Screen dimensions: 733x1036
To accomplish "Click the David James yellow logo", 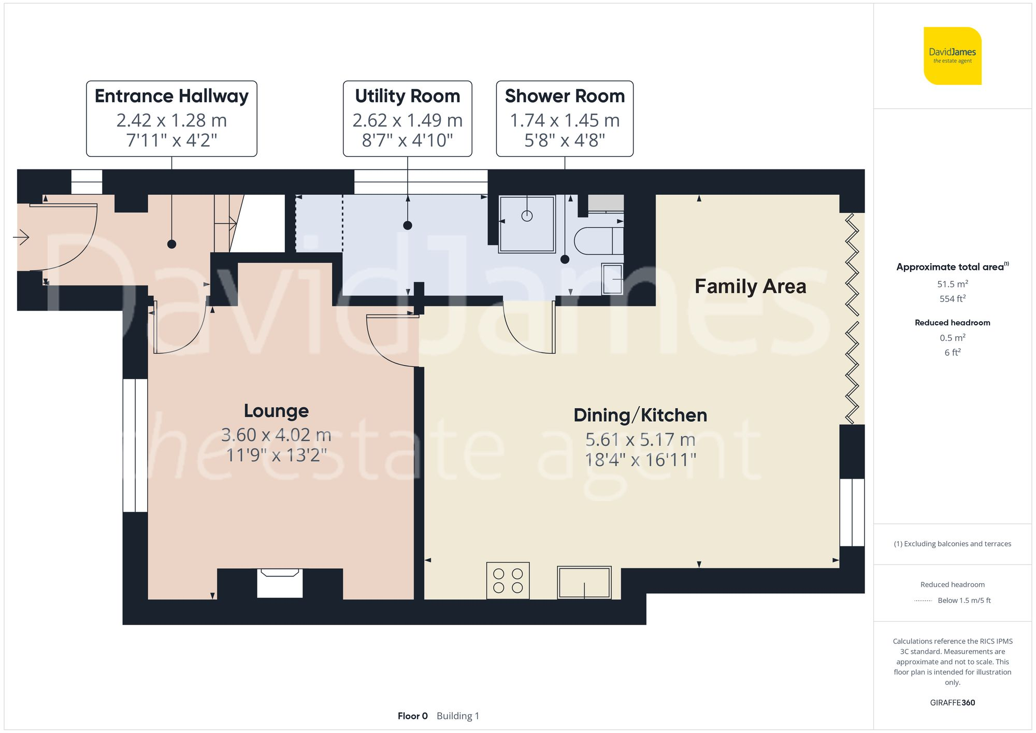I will [952, 56].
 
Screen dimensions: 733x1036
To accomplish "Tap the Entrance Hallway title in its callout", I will [171, 96].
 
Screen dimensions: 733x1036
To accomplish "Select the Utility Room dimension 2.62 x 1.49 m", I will [407, 120].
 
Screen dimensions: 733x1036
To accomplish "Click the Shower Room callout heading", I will [565, 96].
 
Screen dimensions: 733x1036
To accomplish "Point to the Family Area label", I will [750, 286].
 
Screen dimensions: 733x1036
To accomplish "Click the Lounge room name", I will [276, 411].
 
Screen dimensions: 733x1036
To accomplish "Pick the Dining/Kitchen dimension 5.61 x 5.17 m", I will [640, 440].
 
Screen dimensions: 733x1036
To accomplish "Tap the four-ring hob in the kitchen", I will [508, 581].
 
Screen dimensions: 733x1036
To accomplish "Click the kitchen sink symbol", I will [584, 583].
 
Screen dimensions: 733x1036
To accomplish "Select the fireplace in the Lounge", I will [280, 582].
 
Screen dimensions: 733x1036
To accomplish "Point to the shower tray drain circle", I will [527, 216].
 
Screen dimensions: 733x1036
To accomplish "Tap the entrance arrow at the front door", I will [21, 238].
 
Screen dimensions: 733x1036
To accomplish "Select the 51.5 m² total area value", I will [952, 284].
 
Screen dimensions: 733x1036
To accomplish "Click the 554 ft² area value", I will [952, 299].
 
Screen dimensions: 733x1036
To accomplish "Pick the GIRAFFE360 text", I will [952, 702].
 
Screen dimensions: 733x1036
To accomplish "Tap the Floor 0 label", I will [412, 716].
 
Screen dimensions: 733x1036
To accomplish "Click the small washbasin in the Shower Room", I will [613, 279].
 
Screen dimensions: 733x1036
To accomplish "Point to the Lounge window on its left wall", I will [135, 445].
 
